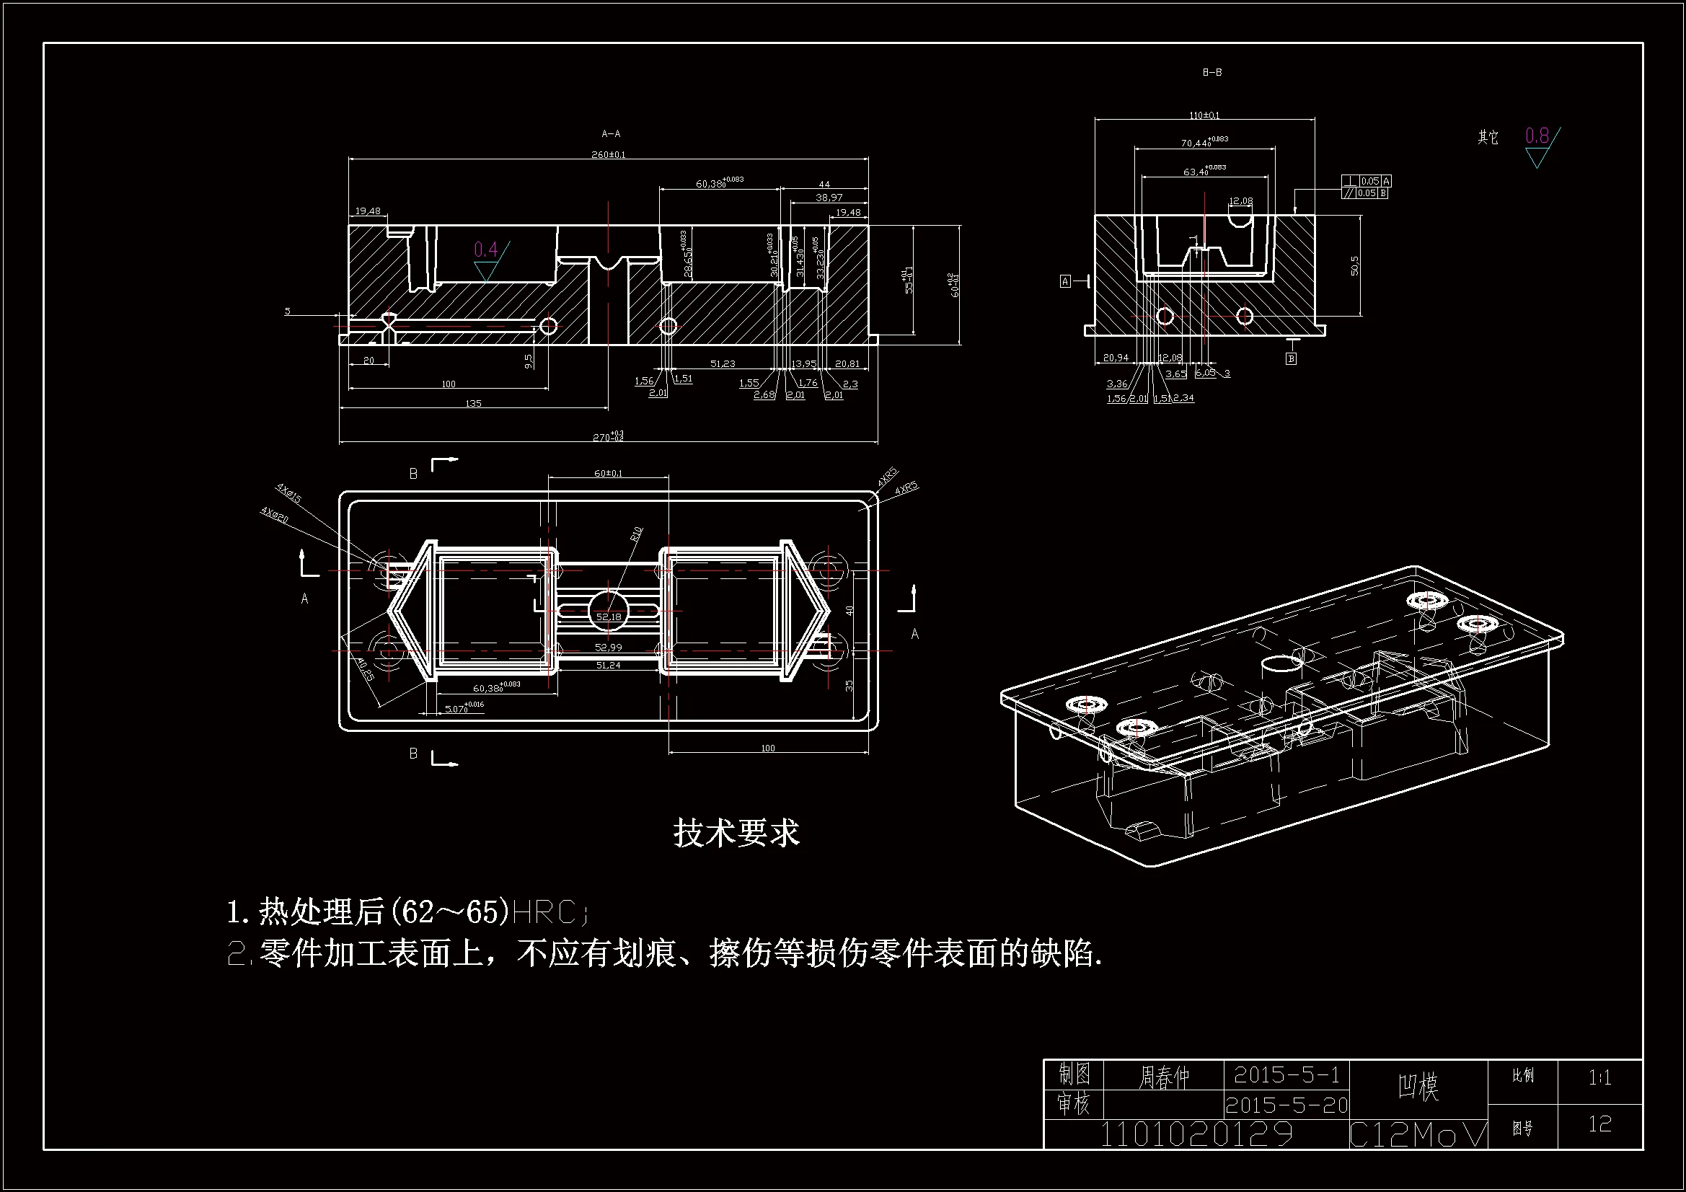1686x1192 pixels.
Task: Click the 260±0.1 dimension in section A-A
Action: point(608,155)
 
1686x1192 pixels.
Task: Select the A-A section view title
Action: point(611,133)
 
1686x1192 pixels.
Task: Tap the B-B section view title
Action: point(1212,72)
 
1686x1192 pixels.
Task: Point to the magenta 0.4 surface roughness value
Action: point(486,250)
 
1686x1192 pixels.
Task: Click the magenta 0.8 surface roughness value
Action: point(1537,136)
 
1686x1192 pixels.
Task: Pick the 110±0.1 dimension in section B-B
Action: point(1204,115)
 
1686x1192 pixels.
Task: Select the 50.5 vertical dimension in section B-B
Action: point(1355,265)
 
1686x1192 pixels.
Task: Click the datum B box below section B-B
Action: point(1291,358)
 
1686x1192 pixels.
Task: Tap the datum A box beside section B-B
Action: point(1066,281)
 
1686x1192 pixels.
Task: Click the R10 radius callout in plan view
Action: point(636,533)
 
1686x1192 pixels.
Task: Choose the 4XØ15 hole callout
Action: point(288,493)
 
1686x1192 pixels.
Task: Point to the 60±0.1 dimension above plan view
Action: point(608,474)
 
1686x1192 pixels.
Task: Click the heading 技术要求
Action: point(736,833)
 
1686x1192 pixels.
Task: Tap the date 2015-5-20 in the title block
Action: point(1286,1105)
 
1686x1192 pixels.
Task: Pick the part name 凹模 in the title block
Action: point(1417,1086)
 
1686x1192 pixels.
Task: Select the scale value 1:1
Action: point(1599,1078)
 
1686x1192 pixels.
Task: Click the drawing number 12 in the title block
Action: point(1599,1124)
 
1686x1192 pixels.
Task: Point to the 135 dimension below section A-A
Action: point(474,404)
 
